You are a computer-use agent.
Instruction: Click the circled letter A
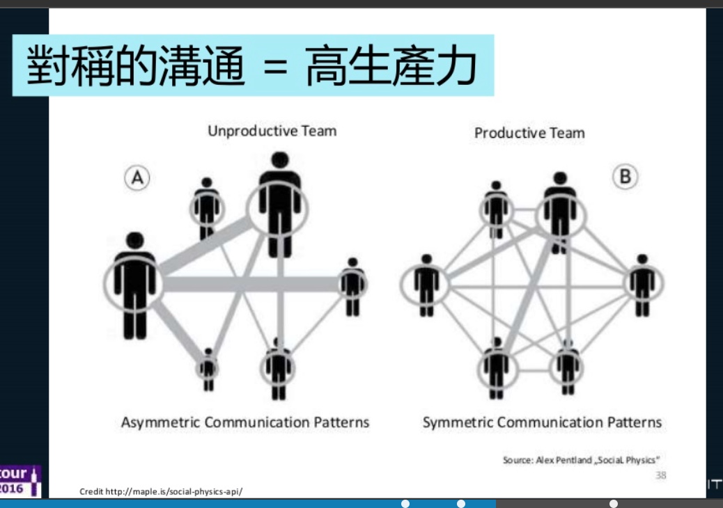(137, 178)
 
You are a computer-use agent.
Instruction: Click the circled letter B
(625, 177)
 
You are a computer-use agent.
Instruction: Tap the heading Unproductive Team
(272, 131)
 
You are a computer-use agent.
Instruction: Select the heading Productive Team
(529, 133)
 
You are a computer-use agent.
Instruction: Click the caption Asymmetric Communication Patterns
(245, 422)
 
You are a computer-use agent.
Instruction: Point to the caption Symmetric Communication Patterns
(542, 422)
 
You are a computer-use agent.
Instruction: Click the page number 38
(661, 475)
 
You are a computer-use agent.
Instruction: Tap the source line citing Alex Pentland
(581, 460)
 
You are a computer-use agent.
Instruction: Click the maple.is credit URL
(161, 491)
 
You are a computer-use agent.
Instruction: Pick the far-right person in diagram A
(353, 285)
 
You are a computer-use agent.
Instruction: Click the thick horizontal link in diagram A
(251, 284)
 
